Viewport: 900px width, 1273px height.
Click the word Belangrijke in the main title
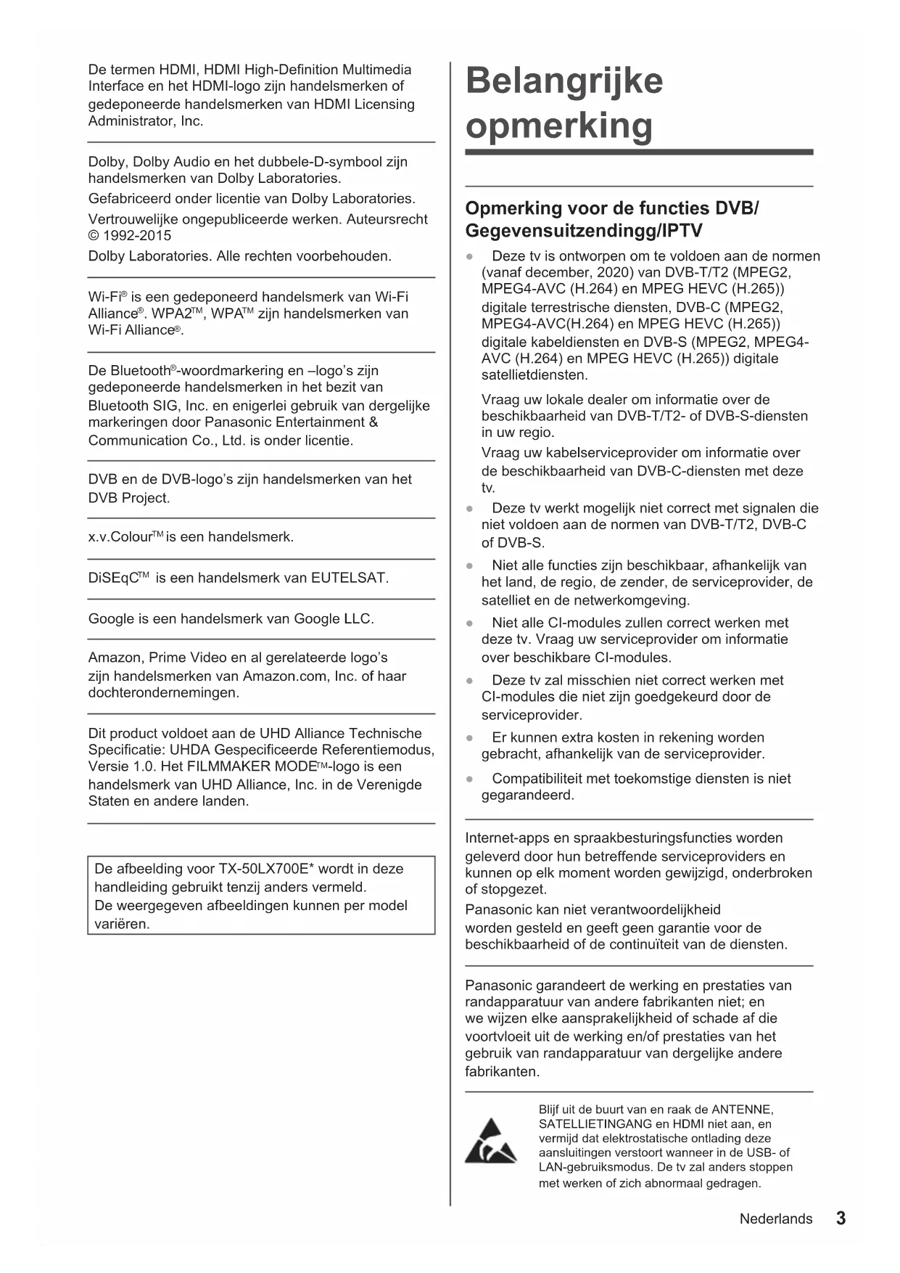[563, 81]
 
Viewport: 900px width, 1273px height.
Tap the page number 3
[841, 1218]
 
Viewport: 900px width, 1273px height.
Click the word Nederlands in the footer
[775, 1219]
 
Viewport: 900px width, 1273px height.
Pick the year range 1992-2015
[137, 235]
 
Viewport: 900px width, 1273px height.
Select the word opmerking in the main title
[558, 126]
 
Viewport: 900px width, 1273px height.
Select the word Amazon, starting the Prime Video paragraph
[115, 658]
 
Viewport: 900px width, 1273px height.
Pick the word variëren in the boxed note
[121, 924]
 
